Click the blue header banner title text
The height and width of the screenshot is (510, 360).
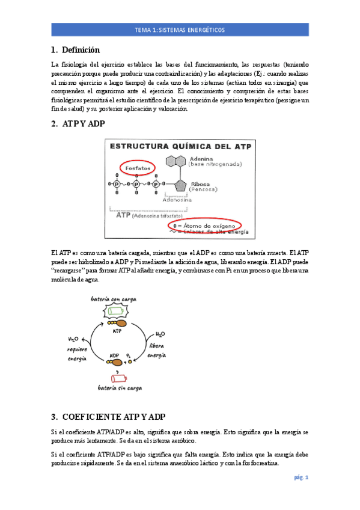tap(180, 29)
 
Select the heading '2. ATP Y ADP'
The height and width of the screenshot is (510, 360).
tap(78, 124)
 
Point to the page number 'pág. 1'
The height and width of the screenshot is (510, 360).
tap(301, 478)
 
